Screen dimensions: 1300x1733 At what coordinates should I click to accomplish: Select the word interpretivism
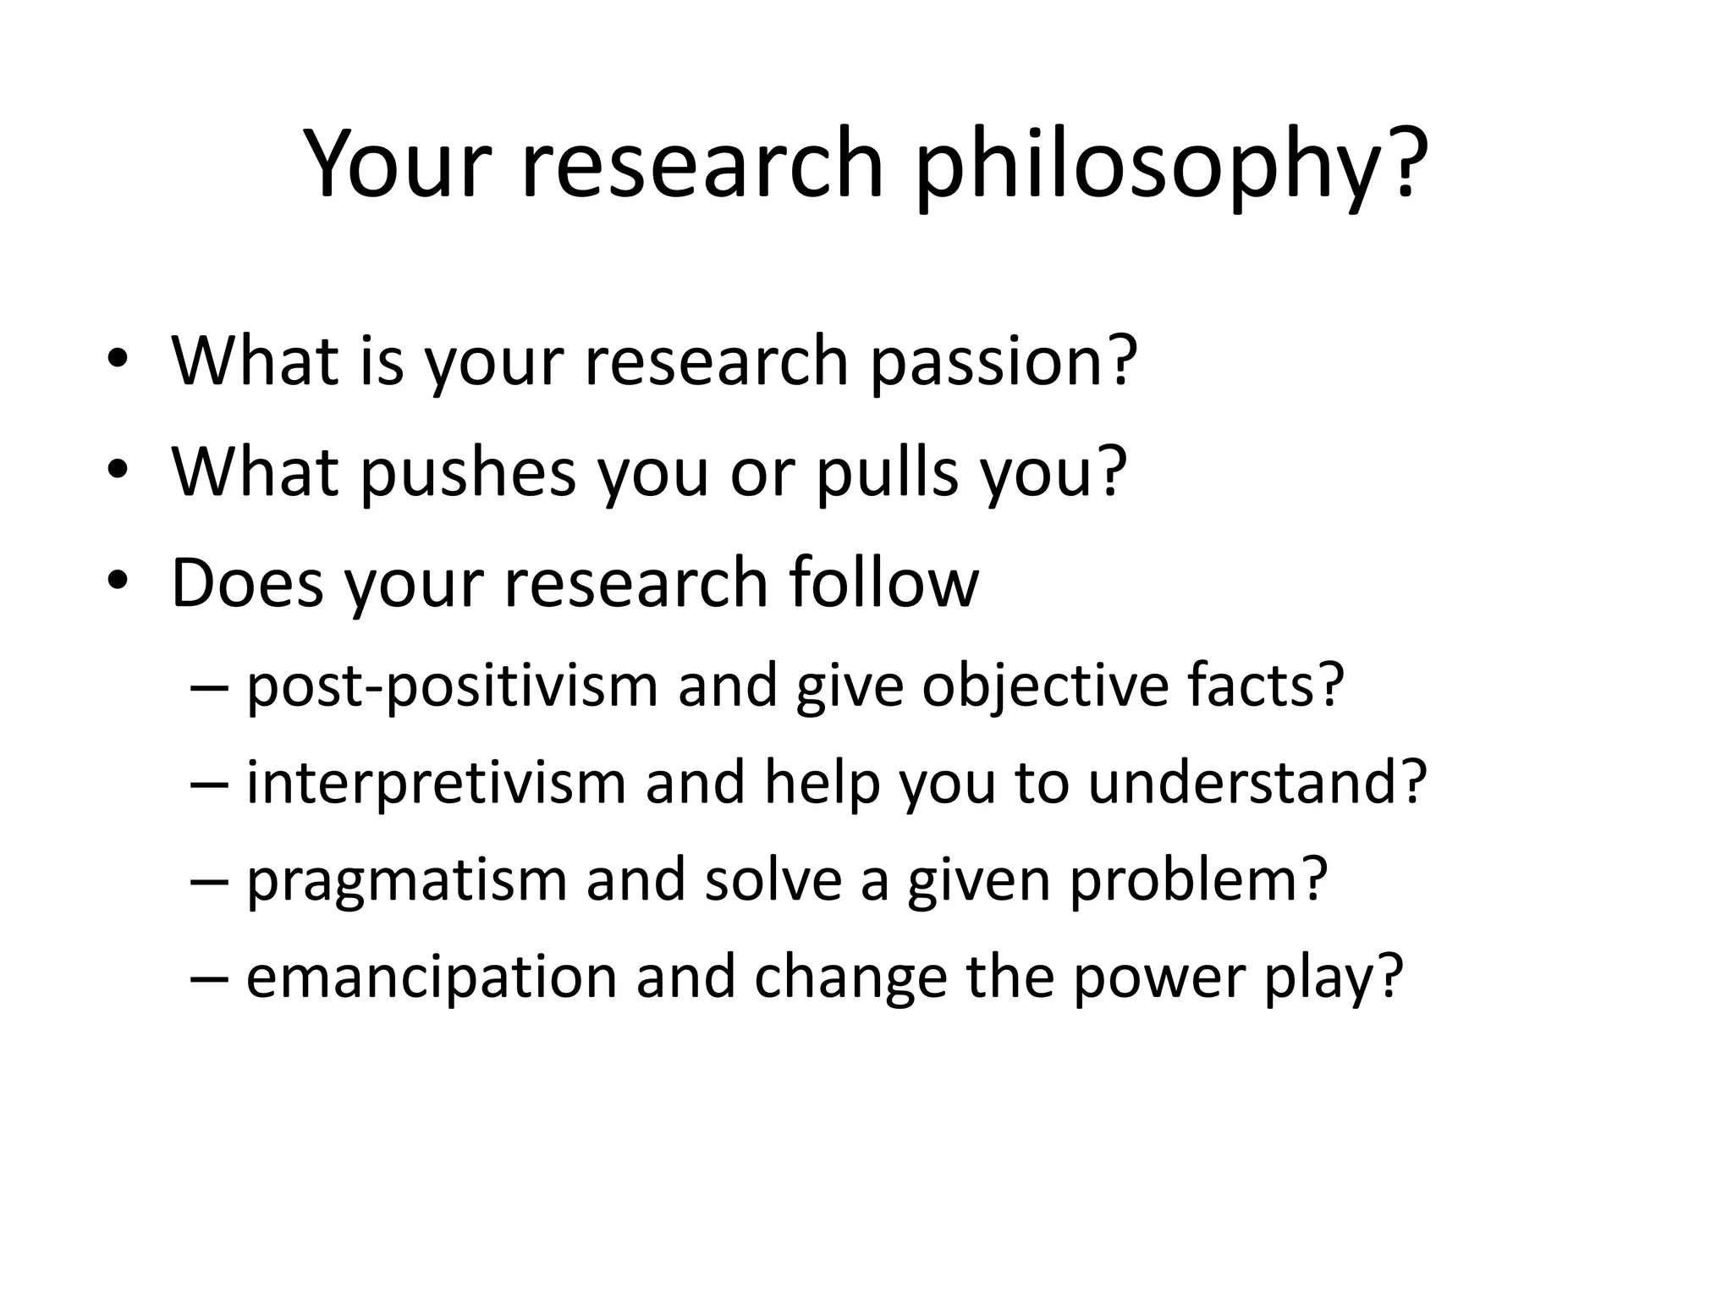[x=436, y=782]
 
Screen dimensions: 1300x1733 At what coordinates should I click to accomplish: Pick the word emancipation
[x=431, y=978]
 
